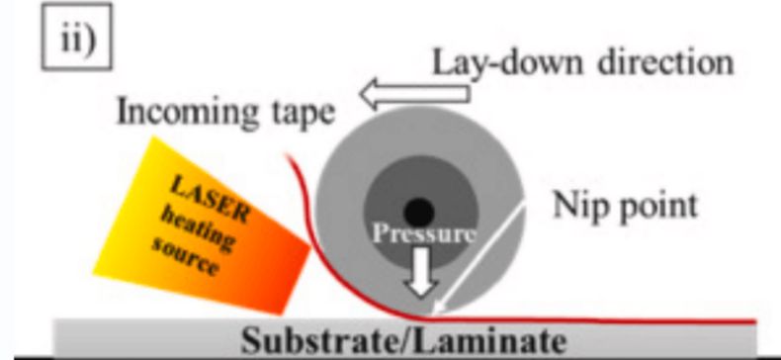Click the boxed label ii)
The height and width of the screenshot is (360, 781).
point(77,37)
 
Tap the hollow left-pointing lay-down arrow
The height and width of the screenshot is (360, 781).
point(414,94)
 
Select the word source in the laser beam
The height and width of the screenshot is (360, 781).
point(185,256)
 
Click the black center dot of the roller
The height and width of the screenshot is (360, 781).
point(419,212)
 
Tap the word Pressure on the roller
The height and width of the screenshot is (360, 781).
point(423,233)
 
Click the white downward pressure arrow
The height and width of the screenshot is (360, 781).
point(421,273)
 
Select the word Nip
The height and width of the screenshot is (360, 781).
point(577,206)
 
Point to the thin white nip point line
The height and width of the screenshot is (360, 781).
point(477,260)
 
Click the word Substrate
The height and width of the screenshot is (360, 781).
point(320,341)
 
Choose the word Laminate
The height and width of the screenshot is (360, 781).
point(489,341)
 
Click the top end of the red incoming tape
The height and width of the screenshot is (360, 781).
point(287,155)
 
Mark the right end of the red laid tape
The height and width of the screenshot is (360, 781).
point(755,322)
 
